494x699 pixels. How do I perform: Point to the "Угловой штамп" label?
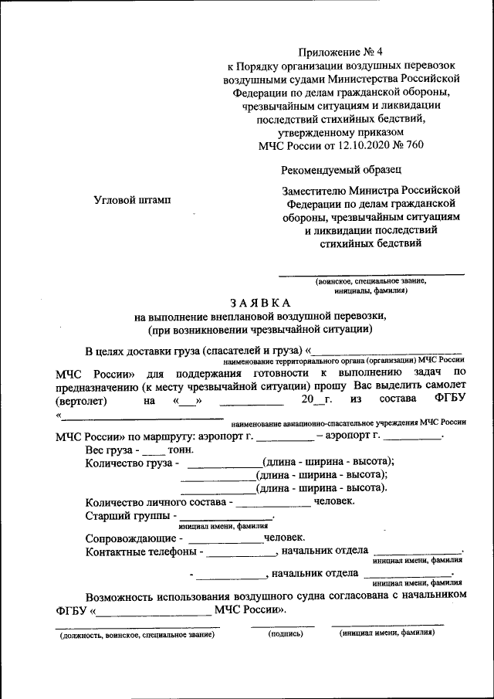click(x=132, y=199)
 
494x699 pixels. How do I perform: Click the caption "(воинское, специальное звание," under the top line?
click(x=370, y=282)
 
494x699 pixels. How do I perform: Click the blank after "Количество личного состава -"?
click(x=273, y=501)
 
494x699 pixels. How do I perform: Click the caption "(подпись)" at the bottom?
click(x=286, y=633)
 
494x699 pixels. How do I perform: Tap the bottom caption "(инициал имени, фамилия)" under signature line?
click(x=387, y=633)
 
